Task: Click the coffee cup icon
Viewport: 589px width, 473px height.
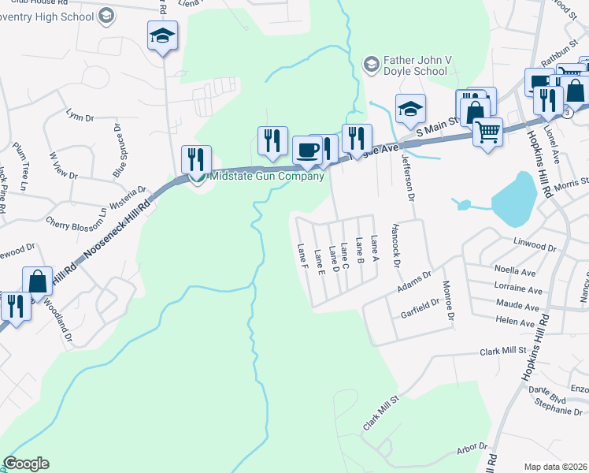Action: (307, 149)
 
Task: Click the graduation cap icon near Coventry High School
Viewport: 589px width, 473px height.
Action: (163, 35)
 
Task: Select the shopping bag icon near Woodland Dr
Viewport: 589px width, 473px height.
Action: (37, 281)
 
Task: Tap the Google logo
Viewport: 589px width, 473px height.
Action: (26, 463)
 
